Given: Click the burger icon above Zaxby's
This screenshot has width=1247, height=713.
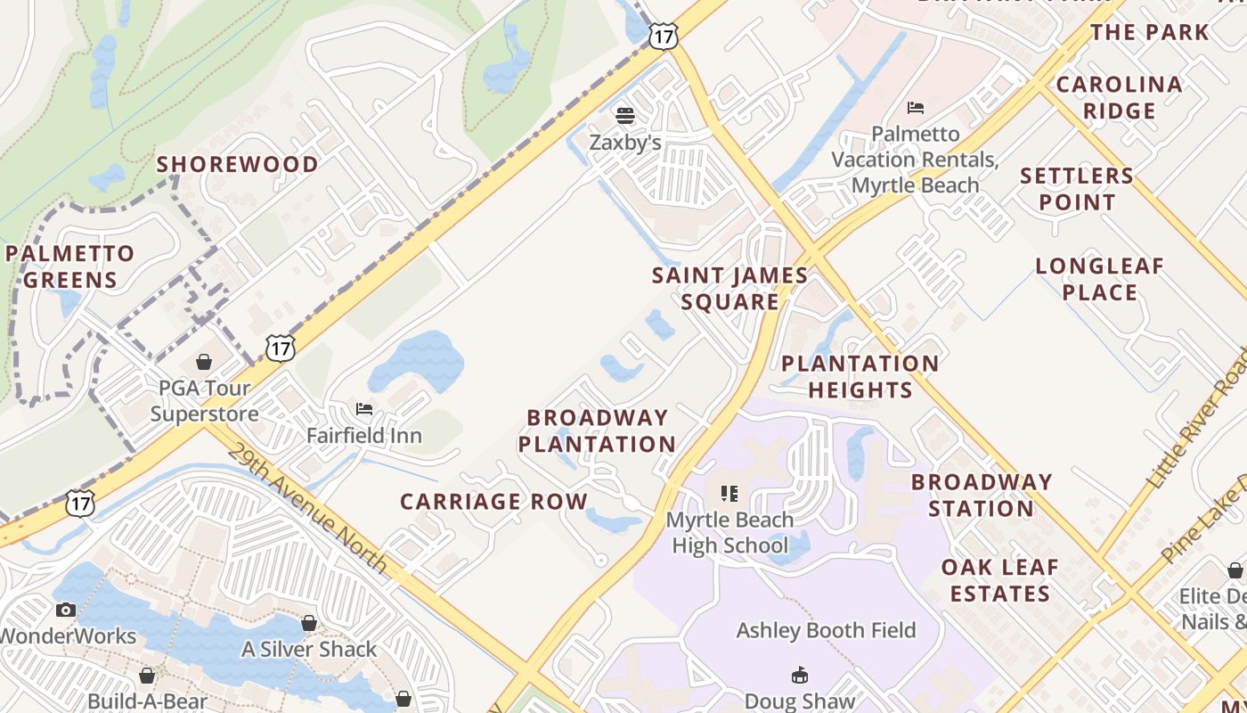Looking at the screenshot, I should pyautogui.click(x=625, y=115).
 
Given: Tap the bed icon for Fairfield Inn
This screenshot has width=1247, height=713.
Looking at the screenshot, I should pyautogui.click(x=364, y=409).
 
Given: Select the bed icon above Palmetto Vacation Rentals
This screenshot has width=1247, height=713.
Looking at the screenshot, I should pyautogui.click(x=915, y=108).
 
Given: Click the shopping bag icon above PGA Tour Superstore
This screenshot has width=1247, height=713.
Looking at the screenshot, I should pyautogui.click(x=204, y=362).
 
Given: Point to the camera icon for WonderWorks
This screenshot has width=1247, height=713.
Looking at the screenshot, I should pyautogui.click(x=65, y=610).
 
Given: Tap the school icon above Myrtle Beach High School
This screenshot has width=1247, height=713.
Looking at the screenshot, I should pyautogui.click(x=729, y=493).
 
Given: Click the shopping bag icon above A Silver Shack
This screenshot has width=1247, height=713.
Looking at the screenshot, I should pyautogui.click(x=309, y=623).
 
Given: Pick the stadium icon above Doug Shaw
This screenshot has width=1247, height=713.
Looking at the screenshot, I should pyautogui.click(x=799, y=675).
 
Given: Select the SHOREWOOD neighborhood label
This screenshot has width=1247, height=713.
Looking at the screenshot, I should pyautogui.click(x=238, y=164).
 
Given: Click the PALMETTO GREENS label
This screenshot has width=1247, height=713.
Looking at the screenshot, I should pyautogui.click(x=70, y=266).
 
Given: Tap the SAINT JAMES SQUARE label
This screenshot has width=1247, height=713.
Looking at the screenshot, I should pyautogui.click(x=730, y=288).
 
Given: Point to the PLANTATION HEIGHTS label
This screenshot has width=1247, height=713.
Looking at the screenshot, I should pyautogui.click(x=860, y=376).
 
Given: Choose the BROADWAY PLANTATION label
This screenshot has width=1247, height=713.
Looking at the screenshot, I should pyautogui.click(x=597, y=430).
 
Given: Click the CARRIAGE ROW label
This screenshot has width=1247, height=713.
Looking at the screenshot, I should pyautogui.click(x=493, y=502).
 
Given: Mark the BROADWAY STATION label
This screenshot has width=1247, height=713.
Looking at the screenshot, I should pyautogui.click(x=982, y=495).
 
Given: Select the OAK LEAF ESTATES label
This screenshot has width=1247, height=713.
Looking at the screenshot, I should pyautogui.click(x=1000, y=580).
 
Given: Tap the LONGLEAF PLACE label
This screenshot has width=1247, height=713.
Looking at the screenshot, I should pyautogui.click(x=1100, y=279).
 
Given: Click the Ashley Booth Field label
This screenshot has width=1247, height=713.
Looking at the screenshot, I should pyautogui.click(x=826, y=630).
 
